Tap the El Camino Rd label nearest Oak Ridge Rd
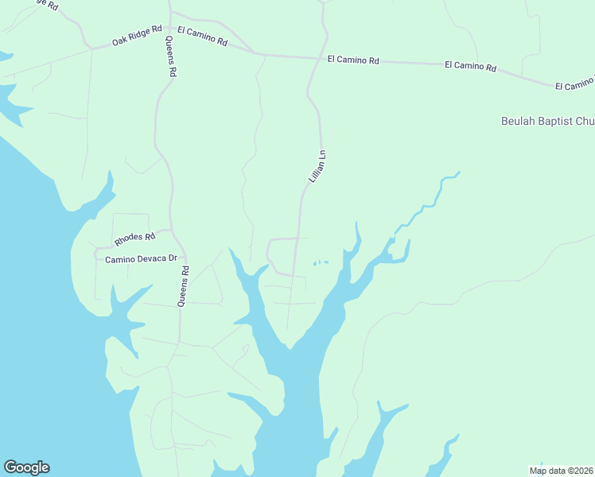point(202,36)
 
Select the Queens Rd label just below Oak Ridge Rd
point(171,56)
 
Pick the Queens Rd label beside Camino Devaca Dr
point(184,285)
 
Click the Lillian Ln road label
point(318,168)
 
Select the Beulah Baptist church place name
point(547,122)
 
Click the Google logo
point(26,467)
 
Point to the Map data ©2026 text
point(562,471)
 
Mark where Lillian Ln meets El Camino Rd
point(310,58)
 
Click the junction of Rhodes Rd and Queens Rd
point(171,231)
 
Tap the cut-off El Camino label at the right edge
point(574,84)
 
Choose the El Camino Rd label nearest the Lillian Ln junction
point(353,60)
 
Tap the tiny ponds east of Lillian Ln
point(320,262)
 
